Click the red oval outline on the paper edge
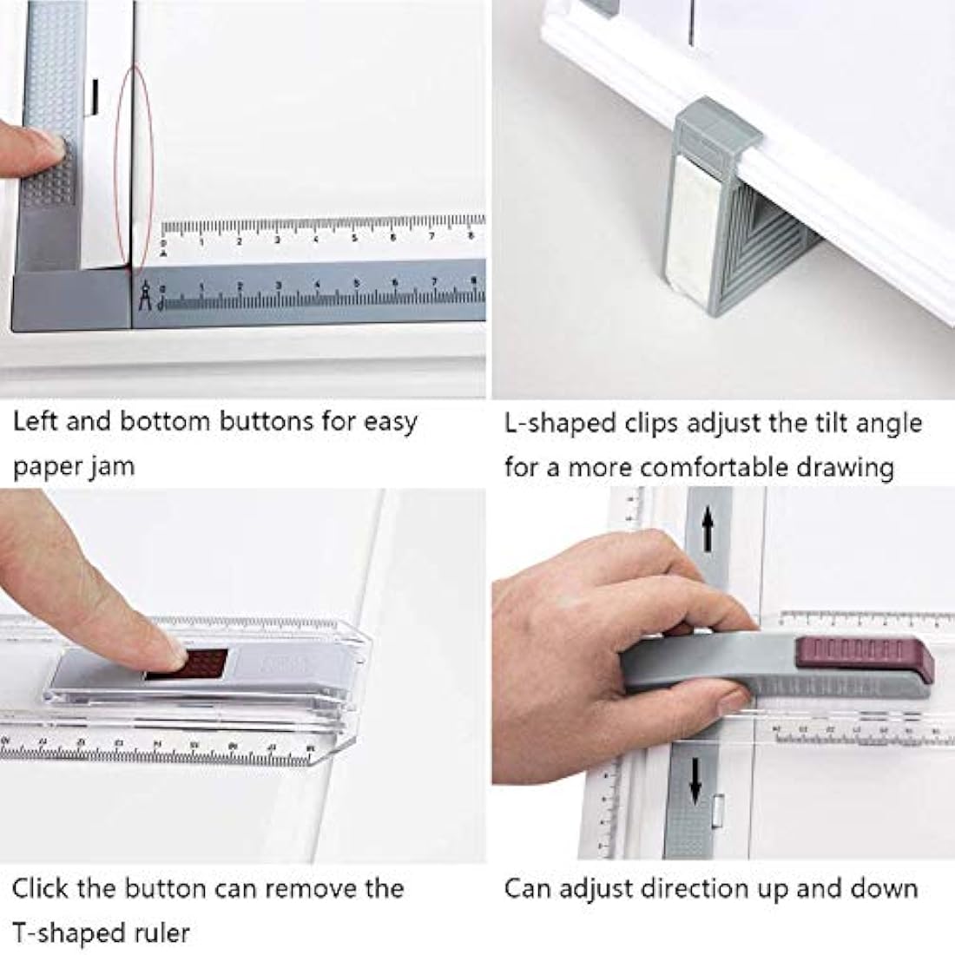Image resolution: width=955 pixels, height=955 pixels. [134, 165]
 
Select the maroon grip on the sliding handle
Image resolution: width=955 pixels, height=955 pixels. [864, 656]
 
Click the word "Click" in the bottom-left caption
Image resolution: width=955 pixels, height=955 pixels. [40, 889]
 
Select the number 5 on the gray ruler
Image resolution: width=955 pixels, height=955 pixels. [356, 284]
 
